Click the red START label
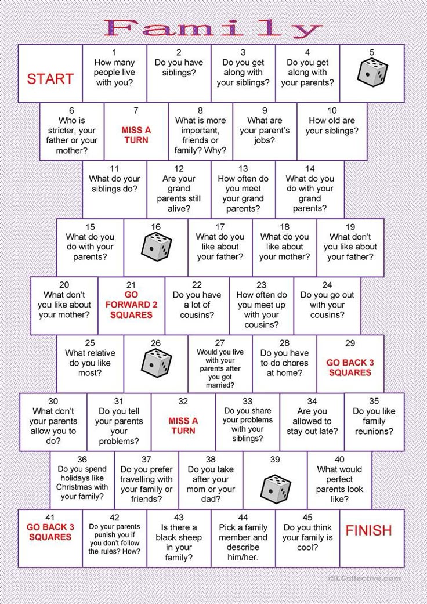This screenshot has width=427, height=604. (x=50, y=78)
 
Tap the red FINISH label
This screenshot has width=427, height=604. (x=368, y=530)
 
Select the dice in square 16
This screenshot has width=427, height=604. (x=156, y=247)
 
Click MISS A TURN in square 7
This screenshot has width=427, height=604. (x=136, y=135)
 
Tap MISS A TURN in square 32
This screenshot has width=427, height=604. (x=183, y=426)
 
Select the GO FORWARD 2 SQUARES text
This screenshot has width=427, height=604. (x=131, y=305)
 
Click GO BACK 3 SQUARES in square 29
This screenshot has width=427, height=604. (x=350, y=367)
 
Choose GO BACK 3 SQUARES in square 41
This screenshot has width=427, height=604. (x=50, y=532)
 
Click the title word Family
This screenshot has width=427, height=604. (x=213, y=28)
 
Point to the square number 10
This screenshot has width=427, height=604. (x=332, y=111)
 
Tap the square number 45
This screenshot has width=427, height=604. (x=307, y=518)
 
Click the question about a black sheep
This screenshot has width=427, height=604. (x=179, y=542)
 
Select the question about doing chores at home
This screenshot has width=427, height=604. (x=284, y=363)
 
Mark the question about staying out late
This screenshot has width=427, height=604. (x=312, y=421)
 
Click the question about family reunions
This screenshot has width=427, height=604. (x=374, y=421)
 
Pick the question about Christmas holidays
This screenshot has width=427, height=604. (x=82, y=483)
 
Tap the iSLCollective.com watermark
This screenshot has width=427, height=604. (x=364, y=578)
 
